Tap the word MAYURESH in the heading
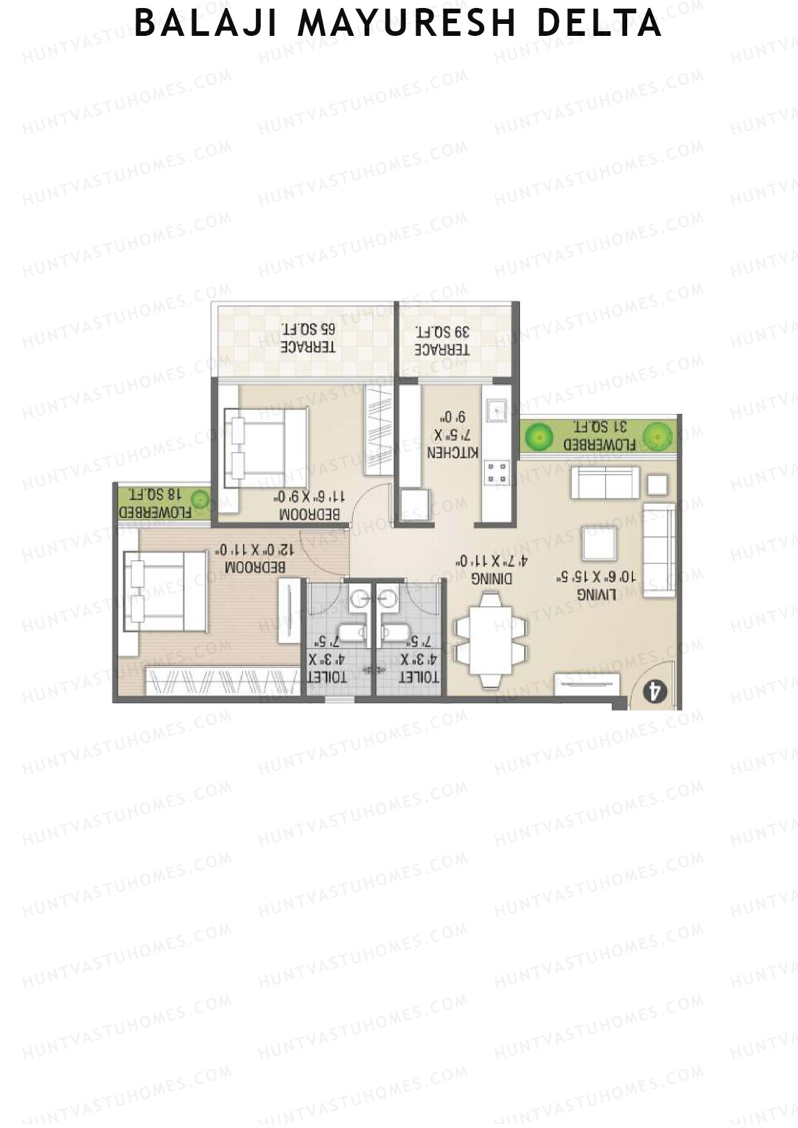click(406, 23)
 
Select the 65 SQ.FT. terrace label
click(308, 338)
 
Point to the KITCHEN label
click(452, 435)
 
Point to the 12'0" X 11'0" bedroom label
click(253, 558)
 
